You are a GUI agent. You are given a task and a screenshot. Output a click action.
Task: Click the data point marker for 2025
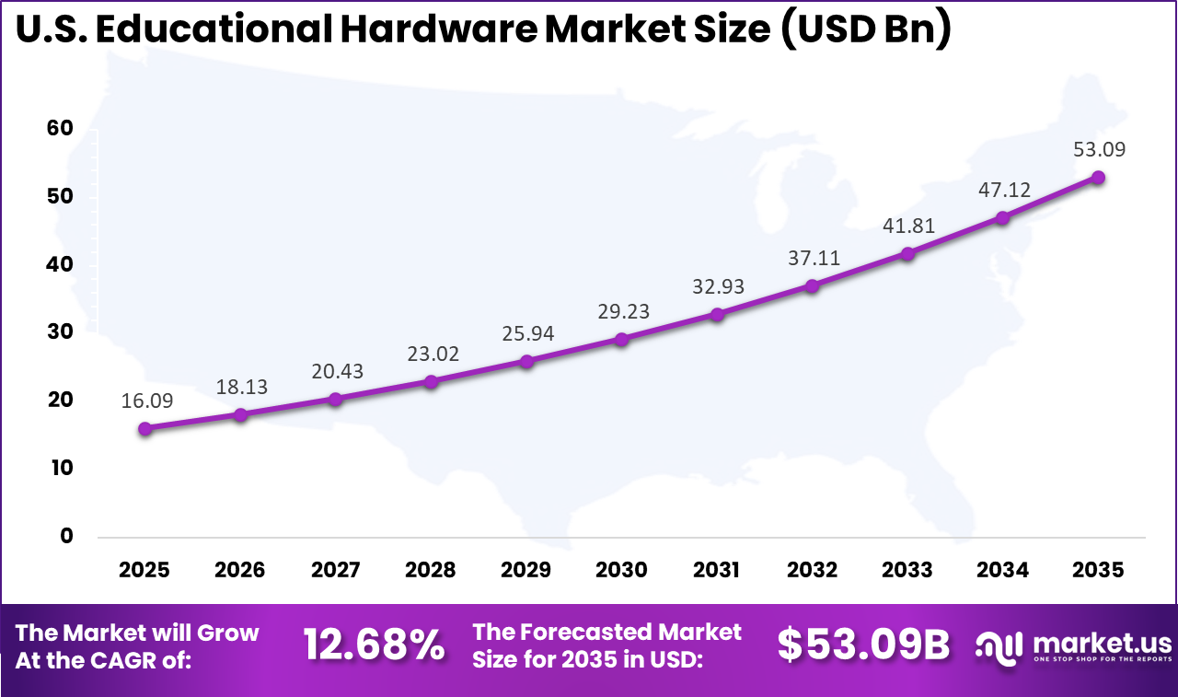144,428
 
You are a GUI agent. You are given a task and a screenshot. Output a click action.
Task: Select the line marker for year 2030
621,339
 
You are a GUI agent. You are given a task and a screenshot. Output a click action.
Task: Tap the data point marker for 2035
1098,177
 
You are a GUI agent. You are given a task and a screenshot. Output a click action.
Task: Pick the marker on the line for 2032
812,286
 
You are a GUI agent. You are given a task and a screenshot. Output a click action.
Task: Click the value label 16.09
146,401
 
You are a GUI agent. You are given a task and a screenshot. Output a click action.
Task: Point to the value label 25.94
528,334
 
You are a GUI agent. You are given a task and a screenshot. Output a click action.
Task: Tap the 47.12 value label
1004,191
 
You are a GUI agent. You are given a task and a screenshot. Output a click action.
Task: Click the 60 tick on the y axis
59,129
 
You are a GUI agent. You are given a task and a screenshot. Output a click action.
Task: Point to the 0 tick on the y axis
66,536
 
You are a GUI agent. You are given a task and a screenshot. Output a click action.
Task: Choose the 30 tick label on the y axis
59,332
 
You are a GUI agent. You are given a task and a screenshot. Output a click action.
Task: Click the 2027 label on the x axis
336,570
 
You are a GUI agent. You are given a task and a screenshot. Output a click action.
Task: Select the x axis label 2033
907,570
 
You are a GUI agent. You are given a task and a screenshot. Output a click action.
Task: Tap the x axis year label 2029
526,570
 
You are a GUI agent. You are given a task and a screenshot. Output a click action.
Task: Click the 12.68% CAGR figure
374,645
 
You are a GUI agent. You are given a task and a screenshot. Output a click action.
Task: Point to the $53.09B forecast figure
862,645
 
